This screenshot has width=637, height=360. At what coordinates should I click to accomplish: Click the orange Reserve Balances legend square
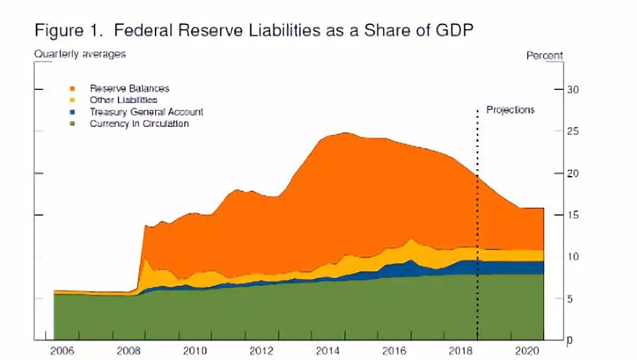[72, 89]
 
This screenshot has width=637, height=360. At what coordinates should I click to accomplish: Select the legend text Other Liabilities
[123, 100]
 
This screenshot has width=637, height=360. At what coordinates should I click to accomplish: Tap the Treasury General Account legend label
[146, 112]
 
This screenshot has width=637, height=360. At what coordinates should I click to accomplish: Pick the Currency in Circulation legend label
[139, 124]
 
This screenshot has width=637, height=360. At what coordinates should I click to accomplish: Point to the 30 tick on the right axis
[573, 89]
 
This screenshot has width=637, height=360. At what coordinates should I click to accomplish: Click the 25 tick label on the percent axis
[573, 131]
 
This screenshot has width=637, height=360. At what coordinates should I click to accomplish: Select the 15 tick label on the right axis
[573, 215]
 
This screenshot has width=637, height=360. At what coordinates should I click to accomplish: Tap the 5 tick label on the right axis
[571, 299]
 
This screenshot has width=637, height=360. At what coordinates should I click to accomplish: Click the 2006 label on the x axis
[62, 351]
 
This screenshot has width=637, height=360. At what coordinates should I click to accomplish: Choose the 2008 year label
[128, 351]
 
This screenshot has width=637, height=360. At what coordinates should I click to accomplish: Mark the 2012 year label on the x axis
[262, 351]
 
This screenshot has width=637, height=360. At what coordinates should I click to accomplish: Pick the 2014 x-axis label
[328, 351]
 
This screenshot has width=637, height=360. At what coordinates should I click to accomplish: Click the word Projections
[510, 110]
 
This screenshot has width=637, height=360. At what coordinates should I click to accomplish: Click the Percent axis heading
[544, 56]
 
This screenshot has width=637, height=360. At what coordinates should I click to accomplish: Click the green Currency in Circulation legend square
[72, 124]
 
